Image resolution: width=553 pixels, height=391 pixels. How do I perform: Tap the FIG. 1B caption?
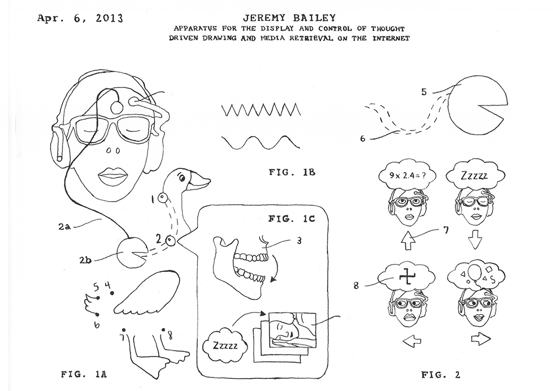pyautogui.click(x=292, y=172)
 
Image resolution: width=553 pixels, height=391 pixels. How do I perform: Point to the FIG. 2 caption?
pyautogui.click(x=440, y=375)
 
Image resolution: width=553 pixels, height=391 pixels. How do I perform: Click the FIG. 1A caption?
pyautogui.click(x=84, y=375)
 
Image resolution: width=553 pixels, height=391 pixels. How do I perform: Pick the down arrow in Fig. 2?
pyautogui.click(x=476, y=240)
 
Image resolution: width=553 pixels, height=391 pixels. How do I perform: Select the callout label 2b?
pyautogui.click(x=86, y=259)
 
